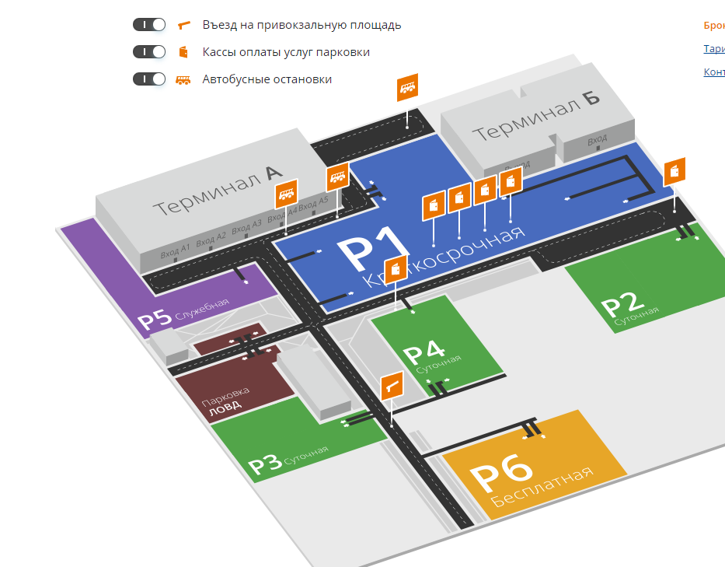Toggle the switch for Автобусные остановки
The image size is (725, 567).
point(149,79)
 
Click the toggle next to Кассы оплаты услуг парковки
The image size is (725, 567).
point(149,52)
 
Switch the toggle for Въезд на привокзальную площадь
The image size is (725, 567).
point(149,25)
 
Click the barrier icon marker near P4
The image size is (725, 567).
point(392,385)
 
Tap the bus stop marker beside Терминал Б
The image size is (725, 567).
point(407,88)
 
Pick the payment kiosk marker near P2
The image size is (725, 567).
point(674,171)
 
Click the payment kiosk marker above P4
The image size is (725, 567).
point(396,269)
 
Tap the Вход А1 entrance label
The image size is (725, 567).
point(175,250)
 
